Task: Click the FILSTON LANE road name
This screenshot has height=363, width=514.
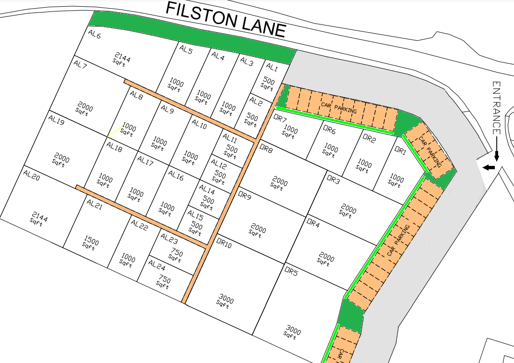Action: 226,20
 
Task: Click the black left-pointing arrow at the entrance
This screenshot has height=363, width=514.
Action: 489,167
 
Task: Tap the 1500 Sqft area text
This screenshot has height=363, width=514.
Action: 90,242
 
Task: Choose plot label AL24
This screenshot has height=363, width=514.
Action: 157,264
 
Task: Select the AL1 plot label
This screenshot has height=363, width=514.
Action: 272,67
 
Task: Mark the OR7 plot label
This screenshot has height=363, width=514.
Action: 280,118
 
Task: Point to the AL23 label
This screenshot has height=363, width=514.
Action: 169,238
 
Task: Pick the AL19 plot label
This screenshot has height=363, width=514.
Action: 57,123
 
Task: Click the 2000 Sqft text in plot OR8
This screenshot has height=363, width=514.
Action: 279,184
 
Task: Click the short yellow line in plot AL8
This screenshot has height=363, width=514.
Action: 114,131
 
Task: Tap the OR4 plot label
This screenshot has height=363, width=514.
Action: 313,224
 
